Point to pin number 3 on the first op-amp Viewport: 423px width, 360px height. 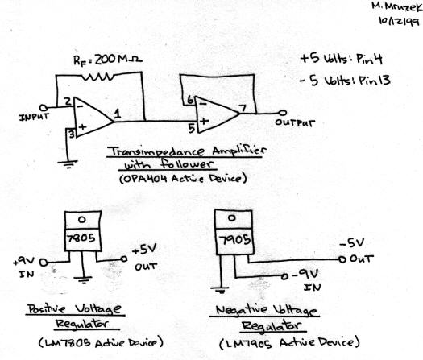point(70,134)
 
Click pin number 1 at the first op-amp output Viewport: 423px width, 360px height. point(118,115)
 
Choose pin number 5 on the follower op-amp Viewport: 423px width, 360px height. point(191,126)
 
